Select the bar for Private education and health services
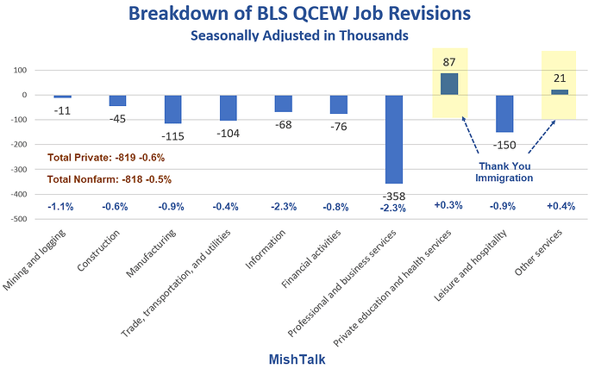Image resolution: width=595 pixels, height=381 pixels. (x=449, y=84)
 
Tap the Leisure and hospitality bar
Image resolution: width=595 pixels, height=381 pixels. (x=504, y=113)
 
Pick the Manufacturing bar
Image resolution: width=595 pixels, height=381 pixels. (x=173, y=109)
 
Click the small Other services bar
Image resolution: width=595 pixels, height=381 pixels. (x=560, y=91)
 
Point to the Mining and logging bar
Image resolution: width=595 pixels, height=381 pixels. (x=63, y=97)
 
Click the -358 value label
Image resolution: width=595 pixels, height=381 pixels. (x=394, y=196)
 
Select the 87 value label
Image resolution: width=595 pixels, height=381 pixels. (x=449, y=61)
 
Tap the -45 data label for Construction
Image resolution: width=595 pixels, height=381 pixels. (x=118, y=118)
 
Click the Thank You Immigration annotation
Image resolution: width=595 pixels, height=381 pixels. (x=504, y=172)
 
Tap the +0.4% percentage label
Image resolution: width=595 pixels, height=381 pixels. (x=560, y=207)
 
